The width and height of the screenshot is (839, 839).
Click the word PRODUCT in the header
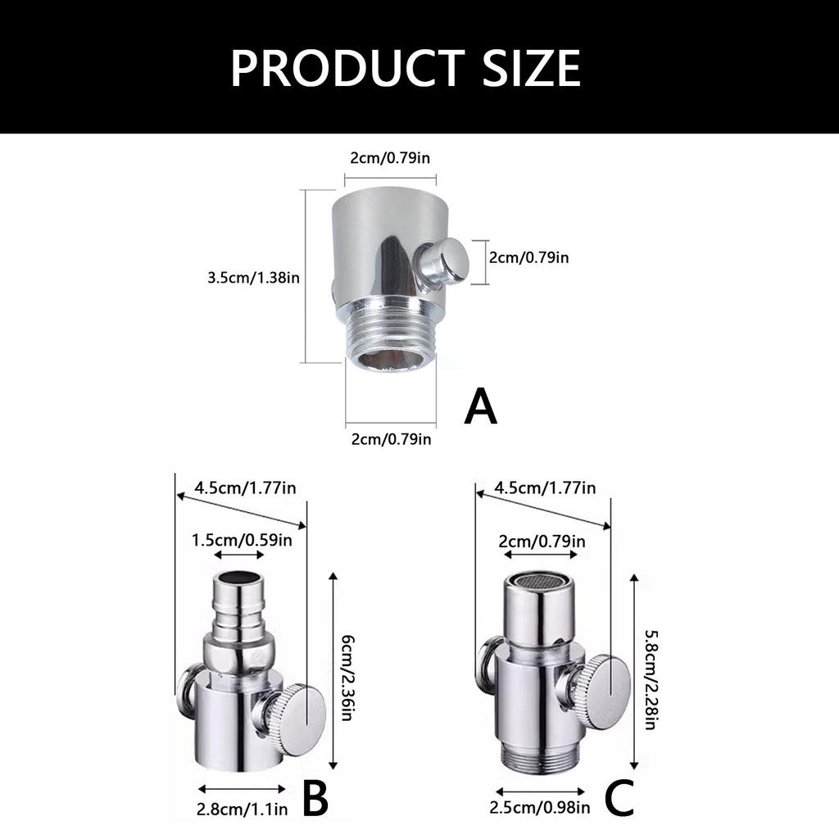(347, 68)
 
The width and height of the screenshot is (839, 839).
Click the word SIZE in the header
(532, 68)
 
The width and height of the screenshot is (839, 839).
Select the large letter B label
(315, 798)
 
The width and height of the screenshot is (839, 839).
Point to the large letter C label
(619, 798)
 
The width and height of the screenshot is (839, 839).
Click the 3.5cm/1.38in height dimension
(254, 278)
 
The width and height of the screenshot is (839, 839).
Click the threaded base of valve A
(391, 334)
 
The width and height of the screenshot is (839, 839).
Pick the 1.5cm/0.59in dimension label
(243, 540)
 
